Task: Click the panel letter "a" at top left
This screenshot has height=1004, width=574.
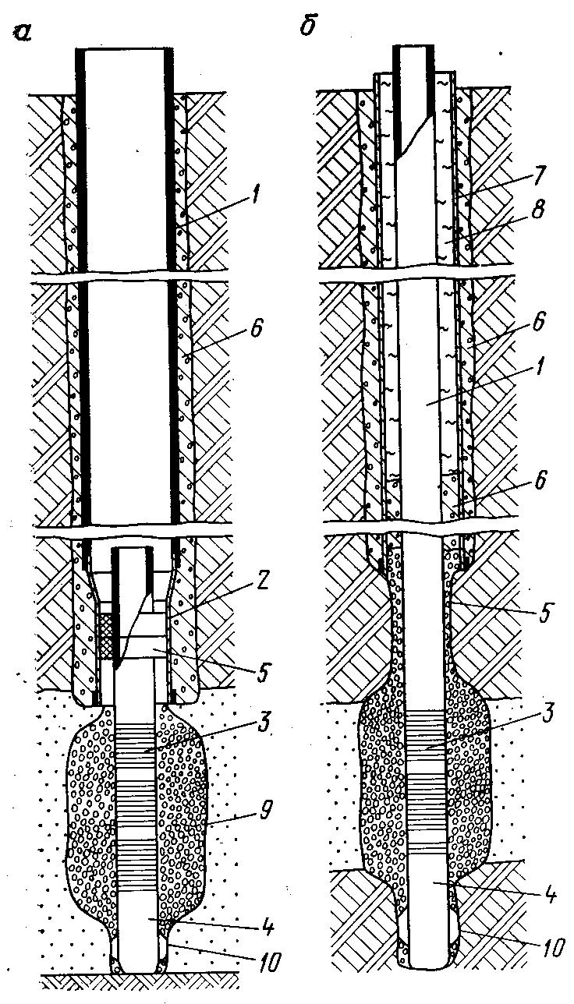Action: coord(22,32)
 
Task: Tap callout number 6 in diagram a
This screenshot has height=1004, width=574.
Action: coord(258,328)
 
